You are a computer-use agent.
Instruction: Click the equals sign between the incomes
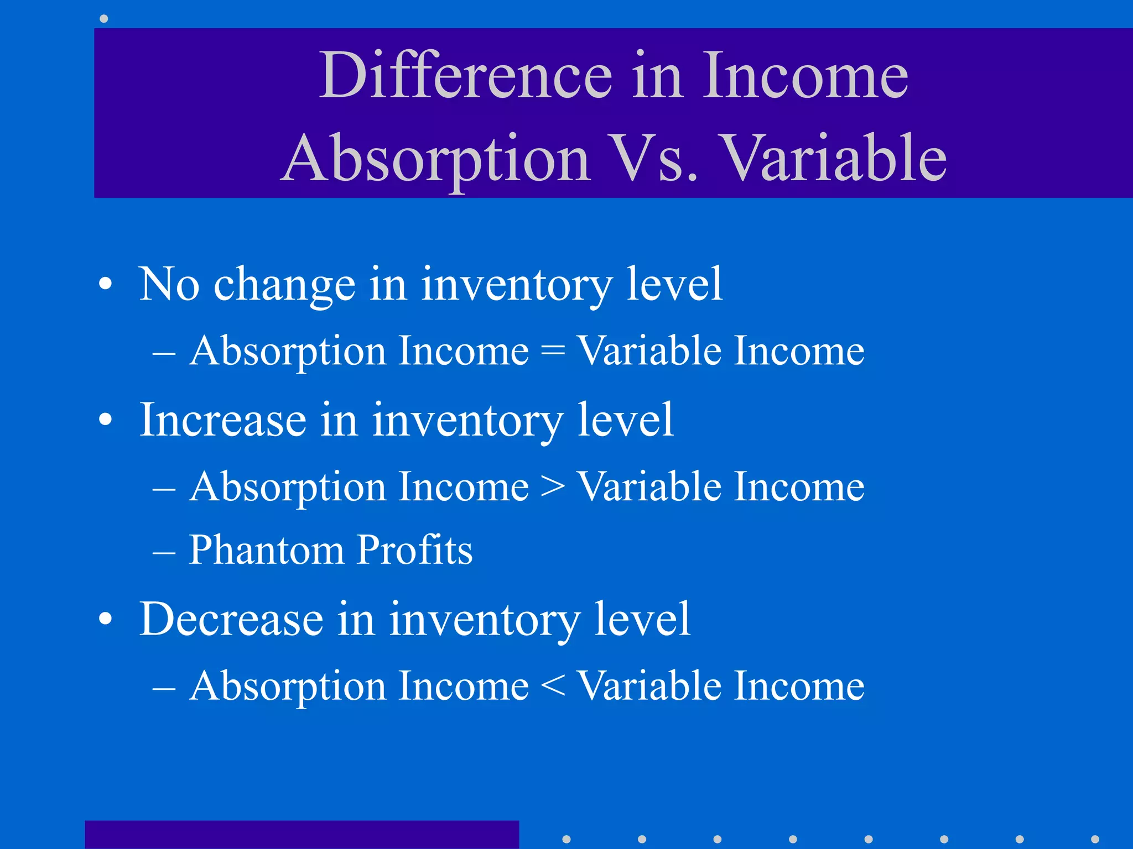[x=553, y=352]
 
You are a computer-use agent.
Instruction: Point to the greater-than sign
[x=553, y=488]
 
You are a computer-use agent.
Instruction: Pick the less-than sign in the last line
[x=553, y=686]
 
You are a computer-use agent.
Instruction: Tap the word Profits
[x=414, y=551]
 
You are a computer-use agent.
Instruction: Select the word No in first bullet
[x=169, y=284]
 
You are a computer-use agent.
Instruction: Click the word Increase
[x=222, y=420]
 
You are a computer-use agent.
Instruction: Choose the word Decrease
[x=231, y=619]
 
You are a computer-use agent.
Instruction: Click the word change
[x=284, y=285]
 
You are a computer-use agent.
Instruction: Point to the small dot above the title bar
[x=103, y=19]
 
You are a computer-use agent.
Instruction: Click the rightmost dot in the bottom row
[x=1095, y=839]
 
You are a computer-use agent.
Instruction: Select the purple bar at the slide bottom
[x=302, y=835]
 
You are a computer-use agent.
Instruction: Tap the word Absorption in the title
[x=436, y=159]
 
